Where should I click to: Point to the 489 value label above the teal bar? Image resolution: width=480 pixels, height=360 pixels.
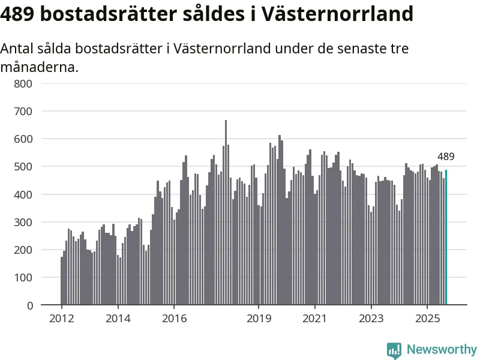point(446,157)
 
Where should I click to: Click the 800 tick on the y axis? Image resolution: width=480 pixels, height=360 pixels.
point(23,83)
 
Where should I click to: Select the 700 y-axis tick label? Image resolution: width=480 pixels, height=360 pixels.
point(23,111)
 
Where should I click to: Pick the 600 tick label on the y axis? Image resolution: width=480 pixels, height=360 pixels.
point(23,139)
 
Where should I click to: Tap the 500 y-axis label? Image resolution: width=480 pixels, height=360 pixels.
point(23,166)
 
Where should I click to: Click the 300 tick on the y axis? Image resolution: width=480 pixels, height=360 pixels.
point(23,222)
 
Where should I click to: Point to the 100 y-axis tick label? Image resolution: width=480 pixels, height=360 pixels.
point(23,277)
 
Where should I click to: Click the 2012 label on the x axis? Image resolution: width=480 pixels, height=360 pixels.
point(61,319)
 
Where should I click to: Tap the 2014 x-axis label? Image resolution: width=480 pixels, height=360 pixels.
point(118,319)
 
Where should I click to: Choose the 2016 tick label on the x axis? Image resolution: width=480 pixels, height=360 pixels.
point(173,319)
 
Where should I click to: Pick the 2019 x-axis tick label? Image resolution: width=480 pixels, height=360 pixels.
point(259,319)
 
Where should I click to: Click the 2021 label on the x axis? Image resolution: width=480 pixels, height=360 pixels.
point(314,319)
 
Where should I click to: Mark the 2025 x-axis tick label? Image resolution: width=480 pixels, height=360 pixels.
point(427,319)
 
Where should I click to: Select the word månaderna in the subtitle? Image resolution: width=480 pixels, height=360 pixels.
point(39,67)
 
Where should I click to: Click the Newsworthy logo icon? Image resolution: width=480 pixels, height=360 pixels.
point(394,350)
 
